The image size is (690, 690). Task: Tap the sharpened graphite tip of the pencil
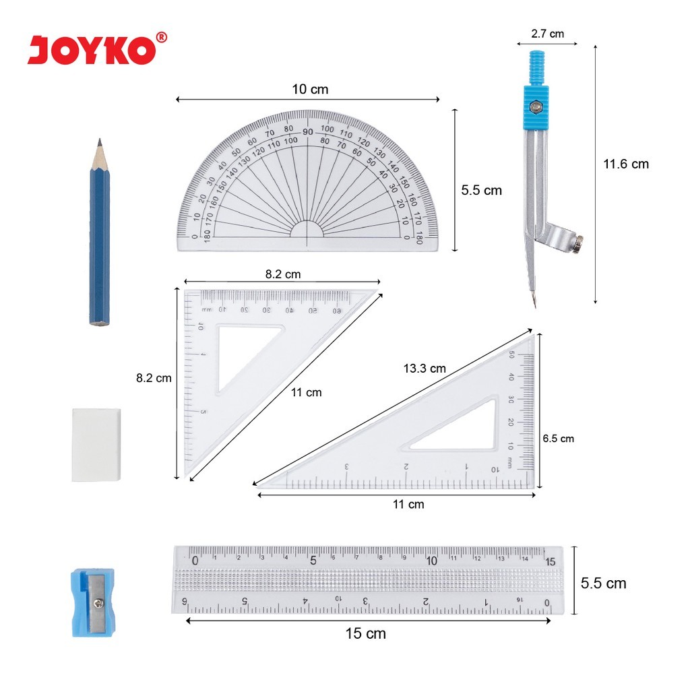click(100, 143)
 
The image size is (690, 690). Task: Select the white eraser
click(96, 444)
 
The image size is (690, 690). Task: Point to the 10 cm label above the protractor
click(310, 89)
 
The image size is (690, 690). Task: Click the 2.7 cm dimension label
click(547, 33)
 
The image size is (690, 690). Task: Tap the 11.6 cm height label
click(626, 164)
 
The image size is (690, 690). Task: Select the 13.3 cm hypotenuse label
click(425, 369)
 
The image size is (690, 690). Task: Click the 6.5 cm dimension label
click(559, 439)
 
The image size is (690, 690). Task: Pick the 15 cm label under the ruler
click(365, 633)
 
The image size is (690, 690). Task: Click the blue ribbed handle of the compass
click(536, 68)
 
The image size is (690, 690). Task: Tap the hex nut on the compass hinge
click(536, 106)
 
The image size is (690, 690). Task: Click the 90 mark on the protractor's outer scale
click(307, 132)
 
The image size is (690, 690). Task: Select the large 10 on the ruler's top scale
click(432, 561)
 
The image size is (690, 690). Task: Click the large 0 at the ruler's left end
click(195, 561)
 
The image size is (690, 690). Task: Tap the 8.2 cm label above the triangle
click(282, 274)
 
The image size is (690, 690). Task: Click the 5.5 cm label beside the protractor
click(481, 191)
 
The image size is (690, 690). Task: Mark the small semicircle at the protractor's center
click(307, 230)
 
